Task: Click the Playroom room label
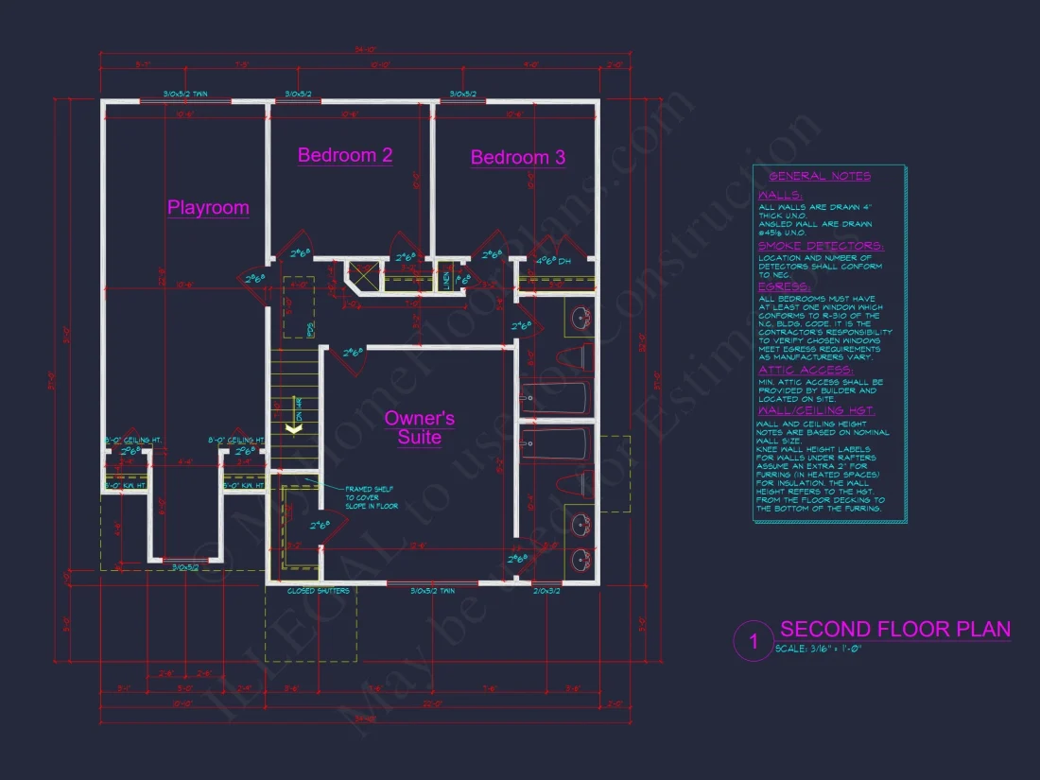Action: pyautogui.click(x=208, y=208)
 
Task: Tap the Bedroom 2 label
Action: pyautogui.click(x=345, y=155)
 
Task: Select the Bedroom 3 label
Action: pyautogui.click(x=518, y=157)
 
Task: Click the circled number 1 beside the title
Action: pyautogui.click(x=754, y=642)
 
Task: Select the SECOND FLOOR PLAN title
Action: pyautogui.click(x=894, y=630)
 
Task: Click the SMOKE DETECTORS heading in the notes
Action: pyautogui.click(x=820, y=246)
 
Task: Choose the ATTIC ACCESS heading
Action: pyautogui.click(x=806, y=370)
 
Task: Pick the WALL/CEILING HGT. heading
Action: pyautogui.click(x=816, y=411)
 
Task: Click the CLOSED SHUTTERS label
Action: pyautogui.click(x=319, y=591)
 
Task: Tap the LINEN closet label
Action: pyautogui.click(x=448, y=281)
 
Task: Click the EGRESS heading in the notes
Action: pyautogui.click(x=783, y=286)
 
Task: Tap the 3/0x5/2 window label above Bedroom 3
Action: pyautogui.click(x=463, y=95)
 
